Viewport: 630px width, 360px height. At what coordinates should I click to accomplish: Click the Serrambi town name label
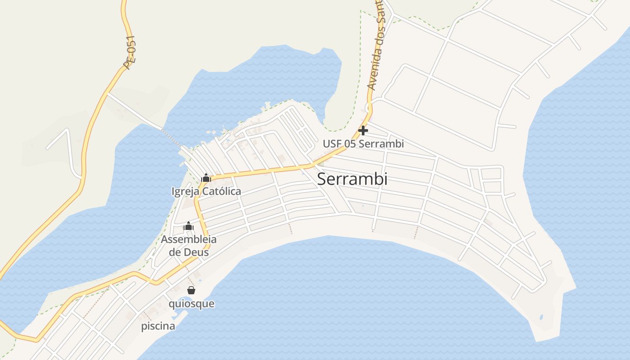click(x=352, y=179)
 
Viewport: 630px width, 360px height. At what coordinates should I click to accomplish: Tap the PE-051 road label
click(x=130, y=53)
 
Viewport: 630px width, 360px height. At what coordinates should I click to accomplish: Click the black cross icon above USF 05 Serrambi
click(x=363, y=131)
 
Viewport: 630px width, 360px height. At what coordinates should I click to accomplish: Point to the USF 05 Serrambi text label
click(x=363, y=144)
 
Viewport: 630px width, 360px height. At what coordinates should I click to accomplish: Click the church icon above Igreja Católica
click(x=206, y=178)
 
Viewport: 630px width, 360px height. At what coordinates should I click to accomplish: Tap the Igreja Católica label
click(x=206, y=191)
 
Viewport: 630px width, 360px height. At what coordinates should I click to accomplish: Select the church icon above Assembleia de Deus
click(x=189, y=226)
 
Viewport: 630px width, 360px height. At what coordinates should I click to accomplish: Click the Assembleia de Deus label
click(x=189, y=246)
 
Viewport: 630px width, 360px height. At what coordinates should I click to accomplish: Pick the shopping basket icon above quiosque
click(x=191, y=290)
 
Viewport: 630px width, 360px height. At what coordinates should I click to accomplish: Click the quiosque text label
click(x=191, y=304)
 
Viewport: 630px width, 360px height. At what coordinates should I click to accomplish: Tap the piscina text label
click(x=158, y=326)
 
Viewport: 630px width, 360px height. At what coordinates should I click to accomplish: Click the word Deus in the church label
click(x=196, y=252)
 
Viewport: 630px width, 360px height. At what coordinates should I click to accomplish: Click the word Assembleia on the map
click(x=189, y=239)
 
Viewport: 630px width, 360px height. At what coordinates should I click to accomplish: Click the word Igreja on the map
click(x=185, y=191)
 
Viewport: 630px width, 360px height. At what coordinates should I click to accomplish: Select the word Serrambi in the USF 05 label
click(x=382, y=144)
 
